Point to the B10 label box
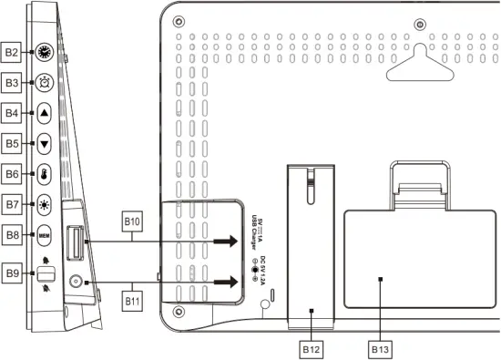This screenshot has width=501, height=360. pyautogui.click(x=133, y=221)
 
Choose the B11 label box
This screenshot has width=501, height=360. pyautogui.click(x=133, y=299)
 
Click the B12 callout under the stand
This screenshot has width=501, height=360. pyautogui.click(x=312, y=347)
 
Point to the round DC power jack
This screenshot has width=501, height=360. pyautogui.click(x=75, y=283)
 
